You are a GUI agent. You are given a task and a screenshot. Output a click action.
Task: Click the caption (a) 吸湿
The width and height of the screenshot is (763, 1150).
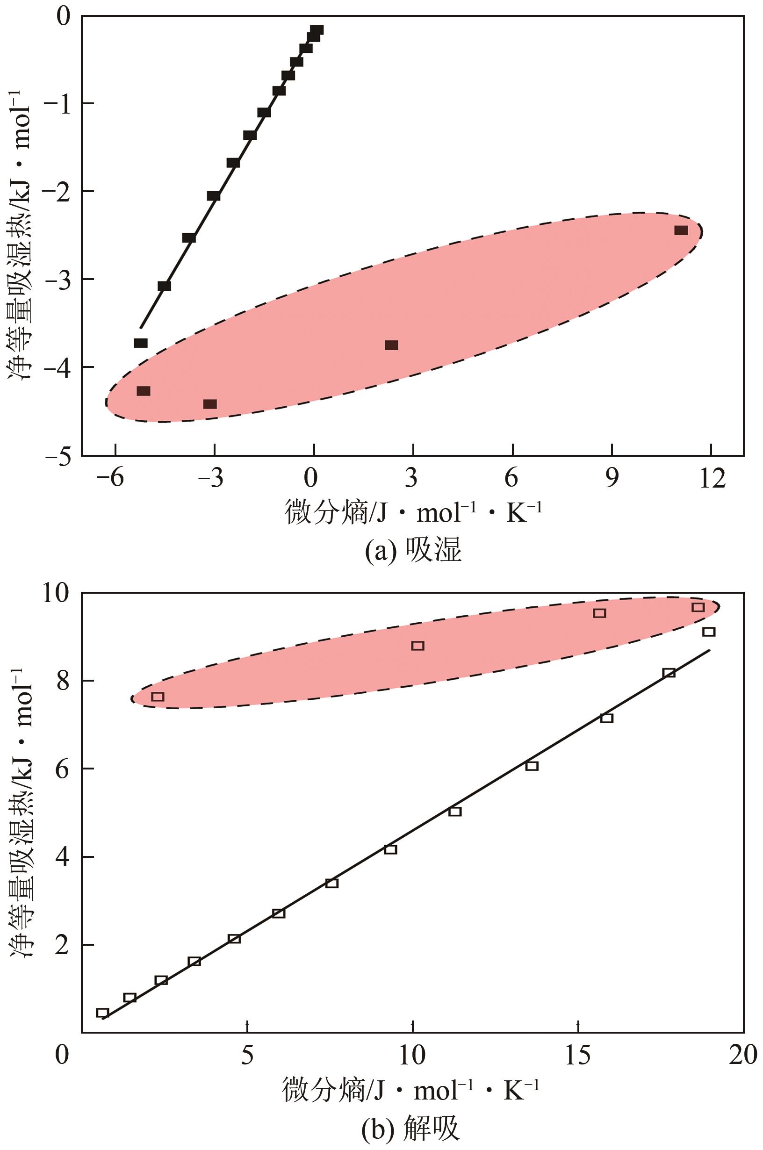(x=413, y=551)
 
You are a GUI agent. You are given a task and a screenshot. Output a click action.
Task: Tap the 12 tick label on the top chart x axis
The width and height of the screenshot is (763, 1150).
(x=711, y=479)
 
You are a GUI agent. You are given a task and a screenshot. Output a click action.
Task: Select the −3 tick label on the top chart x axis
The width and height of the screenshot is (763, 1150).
(x=210, y=479)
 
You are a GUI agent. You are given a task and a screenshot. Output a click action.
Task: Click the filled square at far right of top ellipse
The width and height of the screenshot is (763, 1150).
(x=681, y=230)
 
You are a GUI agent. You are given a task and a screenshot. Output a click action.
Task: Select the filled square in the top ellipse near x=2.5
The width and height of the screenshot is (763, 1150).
(x=391, y=345)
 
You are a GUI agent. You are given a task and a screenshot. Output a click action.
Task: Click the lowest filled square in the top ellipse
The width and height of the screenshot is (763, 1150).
(x=210, y=404)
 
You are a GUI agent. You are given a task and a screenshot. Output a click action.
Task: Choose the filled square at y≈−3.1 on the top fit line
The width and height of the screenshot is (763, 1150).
(x=165, y=286)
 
